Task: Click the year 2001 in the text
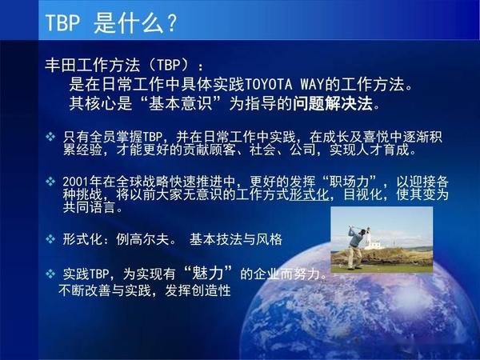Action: click(x=78, y=180)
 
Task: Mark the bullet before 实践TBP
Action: click(x=50, y=274)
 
